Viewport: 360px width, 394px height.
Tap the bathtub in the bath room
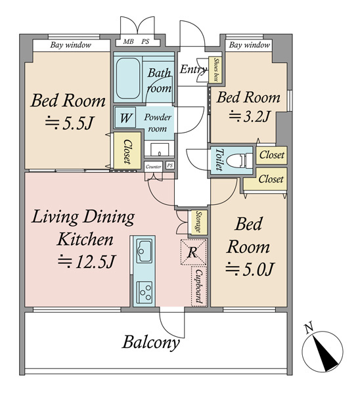pyautogui.click(x=128, y=78)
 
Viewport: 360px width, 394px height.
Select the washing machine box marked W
pyautogui.click(x=125, y=118)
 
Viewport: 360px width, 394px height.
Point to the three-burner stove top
pyautogui.click(x=145, y=292)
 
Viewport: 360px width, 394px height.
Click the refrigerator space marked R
pyautogui.click(x=193, y=252)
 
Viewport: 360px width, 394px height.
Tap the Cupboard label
pyautogui.click(x=199, y=286)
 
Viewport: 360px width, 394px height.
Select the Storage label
pyautogui.click(x=198, y=222)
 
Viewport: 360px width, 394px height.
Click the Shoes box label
pyautogui.click(x=215, y=70)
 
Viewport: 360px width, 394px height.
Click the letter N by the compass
pyautogui.click(x=309, y=328)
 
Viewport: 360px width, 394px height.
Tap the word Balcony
pyautogui.click(x=151, y=343)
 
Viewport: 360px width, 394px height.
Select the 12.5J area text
pyautogui.click(x=86, y=261)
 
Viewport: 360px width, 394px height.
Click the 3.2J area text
pyautogui.click(x=249, y=117)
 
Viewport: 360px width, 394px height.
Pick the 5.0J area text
pyautogui.click(x=249, y=269)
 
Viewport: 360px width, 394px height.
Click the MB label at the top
pyautogui.click(x=128, y=41)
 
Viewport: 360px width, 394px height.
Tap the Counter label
pyautogui.click(x=153, y=167)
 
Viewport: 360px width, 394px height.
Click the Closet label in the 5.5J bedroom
pyautogui.click(x=127, y=152)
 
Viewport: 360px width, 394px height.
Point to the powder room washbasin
pyautogui.click(x=160, y=150)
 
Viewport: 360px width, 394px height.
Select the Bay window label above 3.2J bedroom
pyautogui.click(x=250, y=45)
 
